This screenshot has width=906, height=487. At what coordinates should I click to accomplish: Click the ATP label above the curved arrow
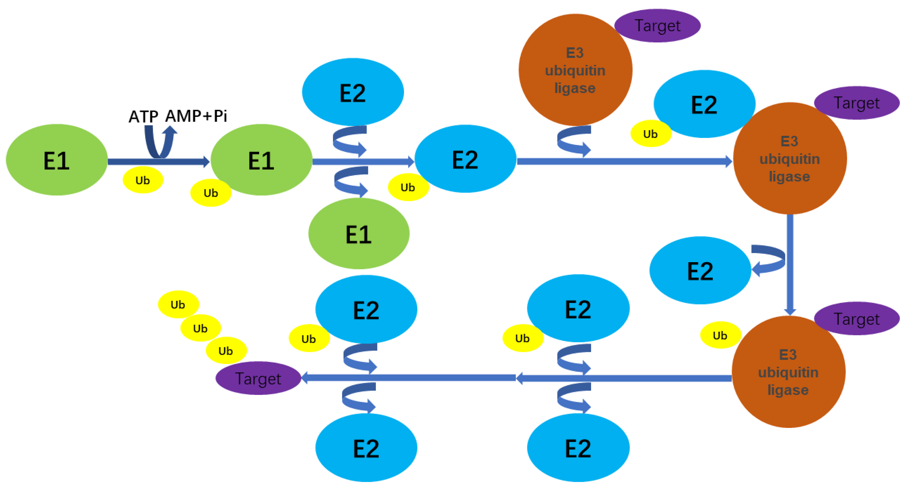[143, 117]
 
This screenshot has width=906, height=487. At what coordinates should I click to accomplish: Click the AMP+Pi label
[196, 116]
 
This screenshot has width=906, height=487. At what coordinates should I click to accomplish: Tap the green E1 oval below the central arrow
[359, 234]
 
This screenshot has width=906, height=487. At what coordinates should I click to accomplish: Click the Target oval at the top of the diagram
[657, 26]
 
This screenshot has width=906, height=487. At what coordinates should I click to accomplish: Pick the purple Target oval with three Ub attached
[258, 378]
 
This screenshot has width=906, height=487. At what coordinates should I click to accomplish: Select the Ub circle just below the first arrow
[143, 180]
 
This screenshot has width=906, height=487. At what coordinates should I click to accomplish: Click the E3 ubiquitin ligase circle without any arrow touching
[575, 70]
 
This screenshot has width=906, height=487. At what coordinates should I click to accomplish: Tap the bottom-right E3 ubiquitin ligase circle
[788, 372]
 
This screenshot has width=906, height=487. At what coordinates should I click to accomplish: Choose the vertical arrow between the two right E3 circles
[790, 264]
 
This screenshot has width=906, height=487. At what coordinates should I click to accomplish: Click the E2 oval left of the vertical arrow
[700, 270]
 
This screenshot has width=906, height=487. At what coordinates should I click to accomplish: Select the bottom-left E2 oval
[366, 448]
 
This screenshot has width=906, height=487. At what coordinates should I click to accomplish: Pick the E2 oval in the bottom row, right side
[578, 448]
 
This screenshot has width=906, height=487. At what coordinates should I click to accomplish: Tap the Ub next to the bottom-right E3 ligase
[720, 335]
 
